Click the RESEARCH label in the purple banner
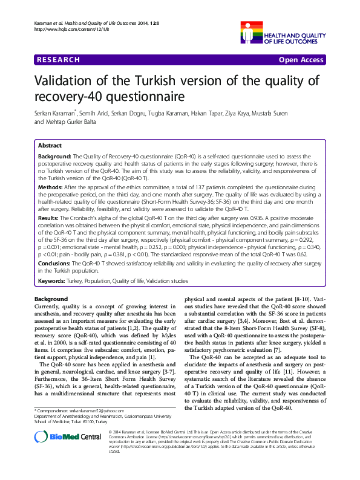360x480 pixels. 58,60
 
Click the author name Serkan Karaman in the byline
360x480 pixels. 56,114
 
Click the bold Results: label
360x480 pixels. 49,216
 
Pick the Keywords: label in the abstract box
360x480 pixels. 53,282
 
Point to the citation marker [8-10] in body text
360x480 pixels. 304,299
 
